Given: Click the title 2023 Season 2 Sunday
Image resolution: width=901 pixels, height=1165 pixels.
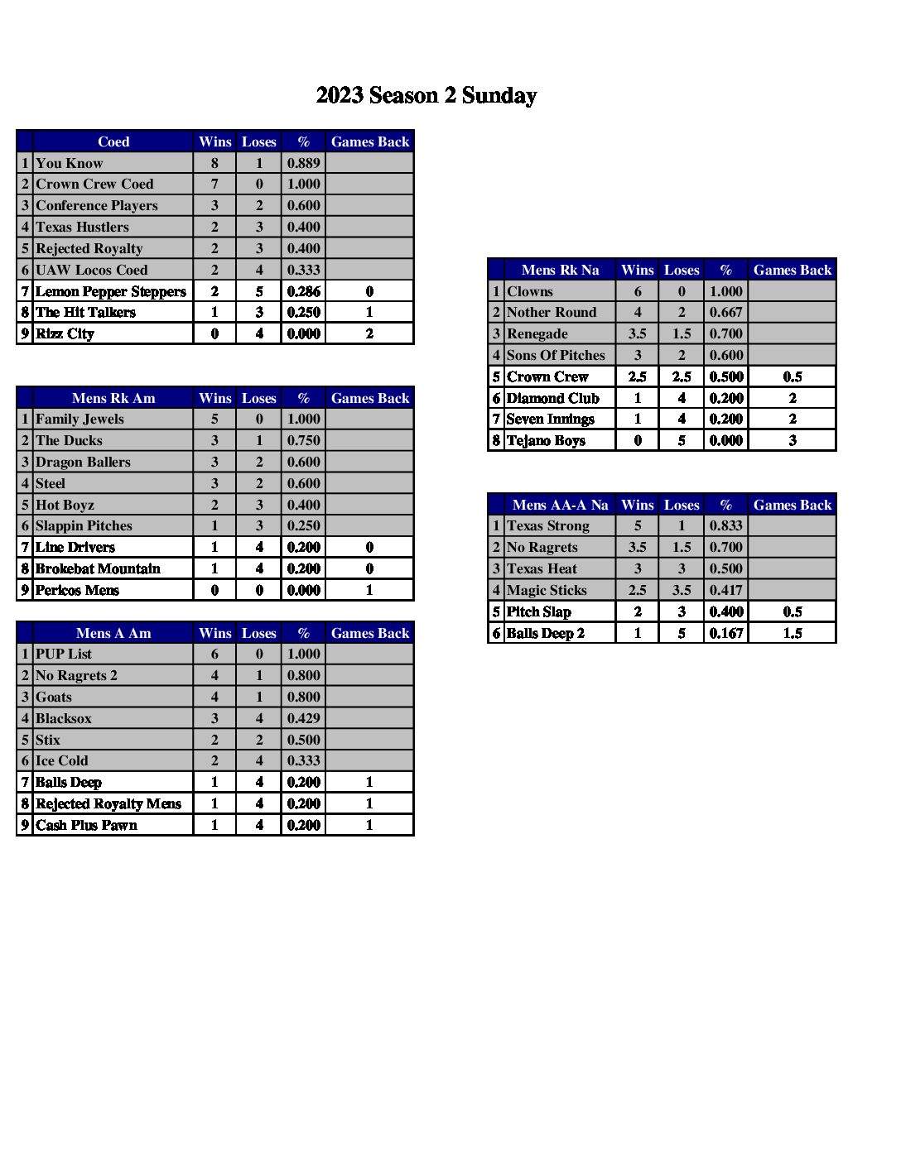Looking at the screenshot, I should pos(426,96).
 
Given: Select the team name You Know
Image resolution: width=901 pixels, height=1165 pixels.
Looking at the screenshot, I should pos(70,163).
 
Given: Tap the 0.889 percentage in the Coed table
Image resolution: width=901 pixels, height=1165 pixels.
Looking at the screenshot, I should pos(303,163).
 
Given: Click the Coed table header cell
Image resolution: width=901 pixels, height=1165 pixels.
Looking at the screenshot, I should pos(113,141).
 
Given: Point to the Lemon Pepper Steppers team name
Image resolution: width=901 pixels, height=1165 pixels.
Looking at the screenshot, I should pos(111,291).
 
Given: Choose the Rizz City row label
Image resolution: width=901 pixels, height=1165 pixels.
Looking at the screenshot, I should pos(65,333).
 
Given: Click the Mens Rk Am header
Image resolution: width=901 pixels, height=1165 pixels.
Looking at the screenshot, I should pos(113,398).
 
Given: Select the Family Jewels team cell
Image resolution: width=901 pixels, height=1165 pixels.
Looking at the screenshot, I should pos(79,419).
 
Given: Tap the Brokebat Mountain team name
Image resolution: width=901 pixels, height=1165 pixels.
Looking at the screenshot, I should pos(98,568).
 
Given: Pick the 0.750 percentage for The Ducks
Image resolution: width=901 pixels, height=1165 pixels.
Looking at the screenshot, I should pos(303,441).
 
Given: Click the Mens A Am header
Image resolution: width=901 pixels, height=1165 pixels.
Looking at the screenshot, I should pos(113,633).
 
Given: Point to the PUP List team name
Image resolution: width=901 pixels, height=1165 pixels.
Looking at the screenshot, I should pos(64,654).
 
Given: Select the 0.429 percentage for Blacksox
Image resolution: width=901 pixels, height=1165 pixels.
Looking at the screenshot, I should pos(303,718).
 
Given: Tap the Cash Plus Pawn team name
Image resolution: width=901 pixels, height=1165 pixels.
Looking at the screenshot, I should pos(86,825).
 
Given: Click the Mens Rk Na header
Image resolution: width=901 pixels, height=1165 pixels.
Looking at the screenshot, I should pos(560,270).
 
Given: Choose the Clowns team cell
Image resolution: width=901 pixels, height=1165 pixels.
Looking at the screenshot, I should pos(530,291).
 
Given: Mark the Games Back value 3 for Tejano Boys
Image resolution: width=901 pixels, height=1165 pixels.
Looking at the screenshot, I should pos(792,440).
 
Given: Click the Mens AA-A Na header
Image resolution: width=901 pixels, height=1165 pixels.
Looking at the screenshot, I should pos(560,505).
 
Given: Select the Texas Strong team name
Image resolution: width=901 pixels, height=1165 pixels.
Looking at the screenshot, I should pos(548,526).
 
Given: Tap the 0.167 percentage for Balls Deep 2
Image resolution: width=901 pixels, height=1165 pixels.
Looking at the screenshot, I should pos(725,633).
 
